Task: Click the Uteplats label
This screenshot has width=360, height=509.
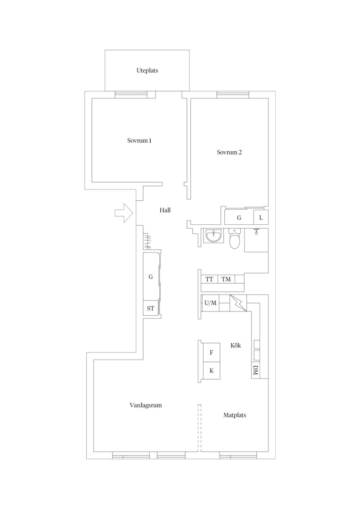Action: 147,70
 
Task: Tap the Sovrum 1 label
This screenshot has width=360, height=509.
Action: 139,140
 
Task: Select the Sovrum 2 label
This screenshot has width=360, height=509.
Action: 229,152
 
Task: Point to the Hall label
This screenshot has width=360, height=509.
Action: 165,210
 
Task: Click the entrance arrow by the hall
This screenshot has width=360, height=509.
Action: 124,213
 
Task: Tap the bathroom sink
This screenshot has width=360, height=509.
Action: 213,236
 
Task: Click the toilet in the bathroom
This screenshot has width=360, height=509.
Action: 234,238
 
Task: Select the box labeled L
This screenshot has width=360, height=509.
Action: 261,217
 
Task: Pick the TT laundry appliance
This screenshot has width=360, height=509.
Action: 209,279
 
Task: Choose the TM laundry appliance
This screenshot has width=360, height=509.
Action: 226,279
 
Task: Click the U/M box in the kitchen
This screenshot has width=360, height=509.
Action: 210,303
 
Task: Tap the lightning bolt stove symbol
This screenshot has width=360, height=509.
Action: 238,303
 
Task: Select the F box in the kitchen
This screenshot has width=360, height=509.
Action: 211,353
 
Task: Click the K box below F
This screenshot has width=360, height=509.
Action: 211,370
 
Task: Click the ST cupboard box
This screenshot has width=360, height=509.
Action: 151,308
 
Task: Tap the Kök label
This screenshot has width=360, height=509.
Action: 236,345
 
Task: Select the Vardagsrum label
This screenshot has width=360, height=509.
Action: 146,405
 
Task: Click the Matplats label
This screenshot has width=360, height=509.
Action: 235,415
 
